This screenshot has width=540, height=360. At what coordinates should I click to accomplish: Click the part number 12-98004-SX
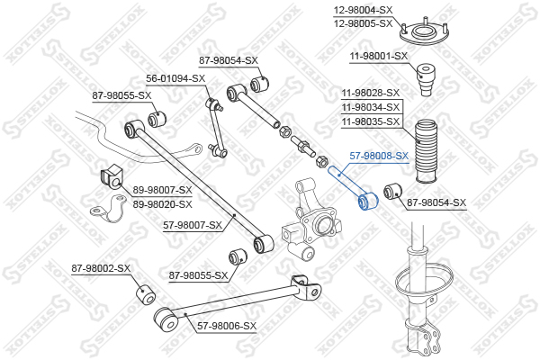pyautogui.click(x=363, y=10)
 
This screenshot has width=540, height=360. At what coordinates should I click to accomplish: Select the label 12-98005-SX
pyautogui.click(x=363, y=23)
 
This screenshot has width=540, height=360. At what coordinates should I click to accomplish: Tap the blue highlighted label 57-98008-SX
pyautogui.click(x=379, y=156)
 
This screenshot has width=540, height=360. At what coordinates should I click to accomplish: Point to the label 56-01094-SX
pyautogui.click(x=175, y=78)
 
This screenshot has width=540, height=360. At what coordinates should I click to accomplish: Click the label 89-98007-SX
pyautogui.click(x=163, y=190)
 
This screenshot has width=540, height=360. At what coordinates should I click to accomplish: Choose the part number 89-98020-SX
pyautogui.click(x=163, y=204)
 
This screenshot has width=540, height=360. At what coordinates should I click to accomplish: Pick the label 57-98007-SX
pyautogui.click(x=193, y=225)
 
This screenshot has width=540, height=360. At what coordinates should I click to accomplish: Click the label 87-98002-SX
pyautogui.click(x=101, y=268)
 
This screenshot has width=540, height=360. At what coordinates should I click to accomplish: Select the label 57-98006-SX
pyautogui.click(x=227, y=326)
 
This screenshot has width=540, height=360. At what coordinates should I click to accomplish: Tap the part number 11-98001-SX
pyautogui.click(x=379, y=56)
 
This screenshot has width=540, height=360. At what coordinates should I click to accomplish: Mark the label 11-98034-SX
pyautogui.click(x=371, y=107)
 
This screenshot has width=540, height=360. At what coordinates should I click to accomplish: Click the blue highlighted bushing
pyautogui.click(x=367, y=201)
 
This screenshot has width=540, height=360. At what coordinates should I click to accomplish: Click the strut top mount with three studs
pyautogui.click(x=425, y=33)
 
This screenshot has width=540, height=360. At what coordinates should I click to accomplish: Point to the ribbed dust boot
pyautogui.click(x=426, y=151)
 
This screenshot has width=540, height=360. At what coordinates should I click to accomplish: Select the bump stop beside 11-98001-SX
pyautogui.click(x=427, y=79)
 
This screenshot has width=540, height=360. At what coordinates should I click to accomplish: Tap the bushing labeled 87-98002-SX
pyautogui.click(x=147, y=295)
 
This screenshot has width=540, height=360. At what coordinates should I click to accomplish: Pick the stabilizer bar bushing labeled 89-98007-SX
pyautogui.click(x=111, y=178)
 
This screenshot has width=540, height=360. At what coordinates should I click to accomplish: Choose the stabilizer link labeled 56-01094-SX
pyautogui.click(x=216, y=128)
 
